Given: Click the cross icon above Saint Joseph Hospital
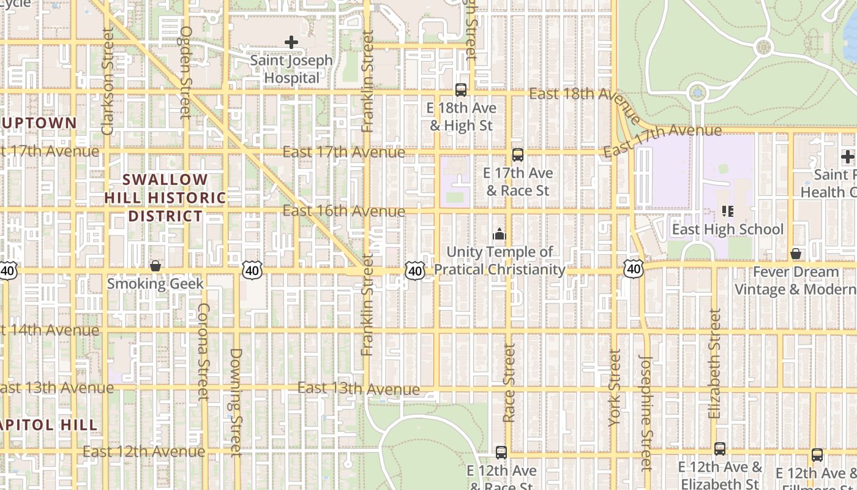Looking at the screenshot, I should (291, 42).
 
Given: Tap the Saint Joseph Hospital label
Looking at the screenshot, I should (291, 69).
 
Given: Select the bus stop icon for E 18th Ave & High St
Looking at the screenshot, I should (461, 90).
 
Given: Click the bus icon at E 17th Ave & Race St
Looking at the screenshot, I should (518, 155).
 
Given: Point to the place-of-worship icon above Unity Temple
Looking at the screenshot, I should (500, 234).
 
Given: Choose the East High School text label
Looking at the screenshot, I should (727, 230).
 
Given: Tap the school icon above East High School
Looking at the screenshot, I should (727, 211).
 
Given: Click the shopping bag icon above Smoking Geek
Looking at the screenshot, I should (155, 266).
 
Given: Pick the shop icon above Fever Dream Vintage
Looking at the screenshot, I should (796, 254).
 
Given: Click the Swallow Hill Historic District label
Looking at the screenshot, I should (165, 198).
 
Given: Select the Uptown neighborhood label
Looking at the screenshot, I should (39, 123).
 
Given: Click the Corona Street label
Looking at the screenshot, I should (203, 352).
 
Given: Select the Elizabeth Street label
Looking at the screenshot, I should (714, 364).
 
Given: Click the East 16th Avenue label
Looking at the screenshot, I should (343, 211).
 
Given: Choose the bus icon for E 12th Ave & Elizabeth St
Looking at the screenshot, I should (720, 449).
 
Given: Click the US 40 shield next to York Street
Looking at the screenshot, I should (634, 268).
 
